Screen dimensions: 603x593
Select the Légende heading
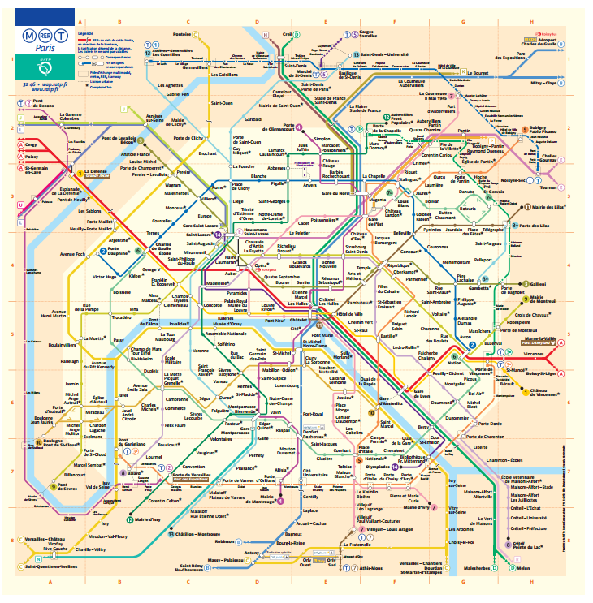(85, 33)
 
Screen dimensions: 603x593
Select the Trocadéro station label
(121, 317)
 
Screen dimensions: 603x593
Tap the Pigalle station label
(279, 183)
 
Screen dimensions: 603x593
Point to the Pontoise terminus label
(182, 34)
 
